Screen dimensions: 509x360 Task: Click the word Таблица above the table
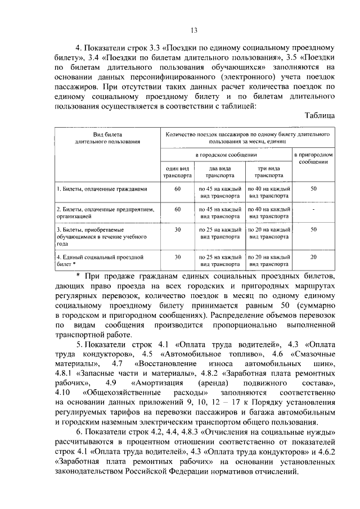[320, 116]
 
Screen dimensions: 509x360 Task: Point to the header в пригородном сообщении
[314, 157]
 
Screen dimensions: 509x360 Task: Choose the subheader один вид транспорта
[177, 172]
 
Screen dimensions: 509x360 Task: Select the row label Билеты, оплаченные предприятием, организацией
[97, 212]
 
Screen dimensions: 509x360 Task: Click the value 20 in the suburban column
[314, 257]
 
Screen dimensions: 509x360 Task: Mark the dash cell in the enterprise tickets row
[314, 209]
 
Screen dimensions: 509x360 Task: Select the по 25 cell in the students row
[220, 232]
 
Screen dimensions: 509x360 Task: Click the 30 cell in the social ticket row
[177, 257]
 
